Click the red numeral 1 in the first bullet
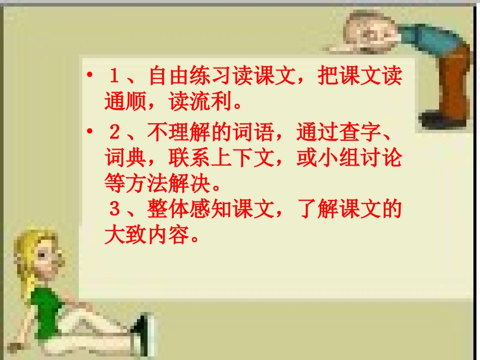pos(114,77)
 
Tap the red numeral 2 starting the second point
pos(114,134)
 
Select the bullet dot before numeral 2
pos(89,133)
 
